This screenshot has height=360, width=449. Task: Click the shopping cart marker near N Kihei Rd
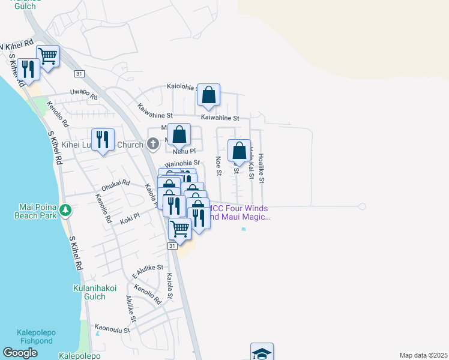click(x=48, y=57)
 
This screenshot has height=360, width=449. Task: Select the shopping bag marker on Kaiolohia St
click(x=208, y=95)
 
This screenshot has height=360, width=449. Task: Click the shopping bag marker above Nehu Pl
click(x=179, y=135)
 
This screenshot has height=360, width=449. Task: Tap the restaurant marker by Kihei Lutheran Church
click(x=103, y=140)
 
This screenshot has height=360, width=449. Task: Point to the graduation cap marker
click(x=262, y=353)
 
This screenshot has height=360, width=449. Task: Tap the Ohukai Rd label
click(x=115, y=185)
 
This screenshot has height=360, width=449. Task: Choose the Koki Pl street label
click(x=130, y=217)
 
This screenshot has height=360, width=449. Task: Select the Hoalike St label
click(x=261, y=169)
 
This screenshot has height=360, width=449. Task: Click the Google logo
click(x=20, y=353)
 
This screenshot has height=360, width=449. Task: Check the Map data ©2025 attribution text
click(x=423, y=355)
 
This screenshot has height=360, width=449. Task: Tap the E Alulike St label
click(x=148, y=271)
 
